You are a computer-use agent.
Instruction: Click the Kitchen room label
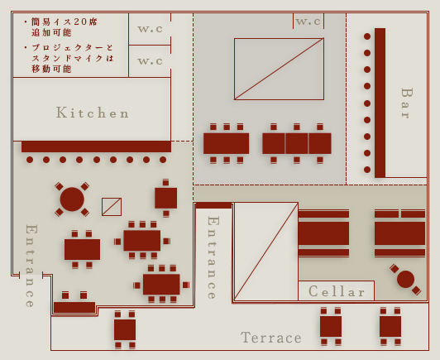[93, 113]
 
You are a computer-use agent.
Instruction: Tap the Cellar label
[337, 291]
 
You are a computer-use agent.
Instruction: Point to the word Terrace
[271, 338]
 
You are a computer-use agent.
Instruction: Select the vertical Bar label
[406, 103]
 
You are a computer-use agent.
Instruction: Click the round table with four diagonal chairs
[72, 199]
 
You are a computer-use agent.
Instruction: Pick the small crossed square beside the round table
[112, 207]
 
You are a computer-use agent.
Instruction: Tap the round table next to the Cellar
[405, 280]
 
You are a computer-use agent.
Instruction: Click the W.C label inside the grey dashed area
[308, 22]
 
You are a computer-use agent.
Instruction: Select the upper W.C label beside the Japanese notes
[151, 29]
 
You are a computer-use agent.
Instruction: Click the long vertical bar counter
[380, 103]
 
